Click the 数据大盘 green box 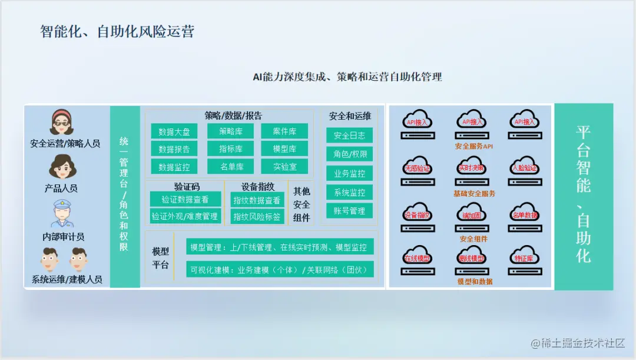tap(174, 131)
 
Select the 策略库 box tap(230, 131)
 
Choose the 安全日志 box tap(349, 136)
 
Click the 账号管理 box tap(349, 210)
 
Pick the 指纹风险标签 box tap(257, 216)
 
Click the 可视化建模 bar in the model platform tap(279, 270)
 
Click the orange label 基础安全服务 tap(474, 193)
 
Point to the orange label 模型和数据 tap(475, 282)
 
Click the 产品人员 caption tap(61, 189)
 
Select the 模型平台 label tap(160, 258)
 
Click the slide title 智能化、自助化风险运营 tap(117, 31)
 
